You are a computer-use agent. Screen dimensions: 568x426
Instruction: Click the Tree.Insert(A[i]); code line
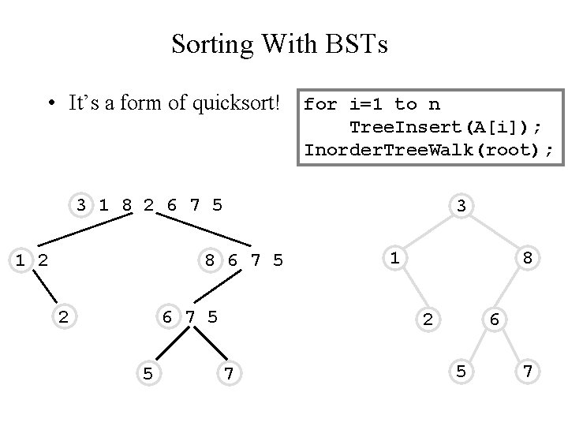(447, 126)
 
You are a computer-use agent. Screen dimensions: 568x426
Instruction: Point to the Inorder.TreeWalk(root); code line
(429, 148)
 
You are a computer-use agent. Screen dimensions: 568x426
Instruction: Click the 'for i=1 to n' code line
(372, 104)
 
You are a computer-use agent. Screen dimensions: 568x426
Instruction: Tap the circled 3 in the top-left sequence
(80, 206)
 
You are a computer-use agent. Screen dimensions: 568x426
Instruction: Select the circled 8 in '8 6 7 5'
(209, 259)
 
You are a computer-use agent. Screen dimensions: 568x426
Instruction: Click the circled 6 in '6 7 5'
(167, 316)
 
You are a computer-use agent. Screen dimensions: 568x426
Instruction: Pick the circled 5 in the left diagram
(148, 372)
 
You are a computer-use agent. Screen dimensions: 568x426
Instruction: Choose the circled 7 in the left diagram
(228, 372)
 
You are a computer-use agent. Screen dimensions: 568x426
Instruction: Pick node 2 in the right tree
(427, 319)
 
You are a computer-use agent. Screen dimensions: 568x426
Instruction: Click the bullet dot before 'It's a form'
(50, 104)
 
